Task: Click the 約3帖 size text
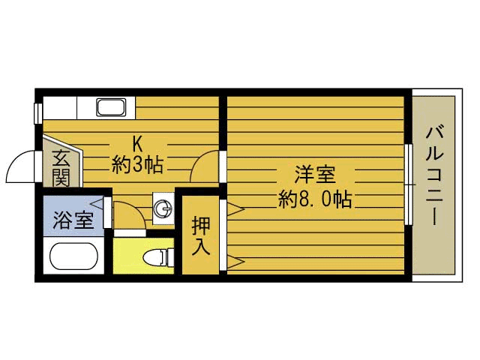pyautogui.click(x=138, y=164)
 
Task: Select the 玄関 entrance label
pyautogui.click(x=61, y=168)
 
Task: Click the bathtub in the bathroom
pyautogui.click(x=73, y=257)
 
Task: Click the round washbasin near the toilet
pyautogui.click(x=162, y=209)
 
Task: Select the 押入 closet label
pyautogui.click(x=201, y=235)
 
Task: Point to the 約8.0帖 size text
pyautogui.click(x=314, y=199)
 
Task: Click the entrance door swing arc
pyautogui.click(x=22, y=165)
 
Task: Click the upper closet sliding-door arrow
pyautogui.click(x=233, y=207)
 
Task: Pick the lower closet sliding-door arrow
pyautogui.click(x=233, y=262)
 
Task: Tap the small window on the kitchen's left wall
pyautogui.click(x=38, y=112)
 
